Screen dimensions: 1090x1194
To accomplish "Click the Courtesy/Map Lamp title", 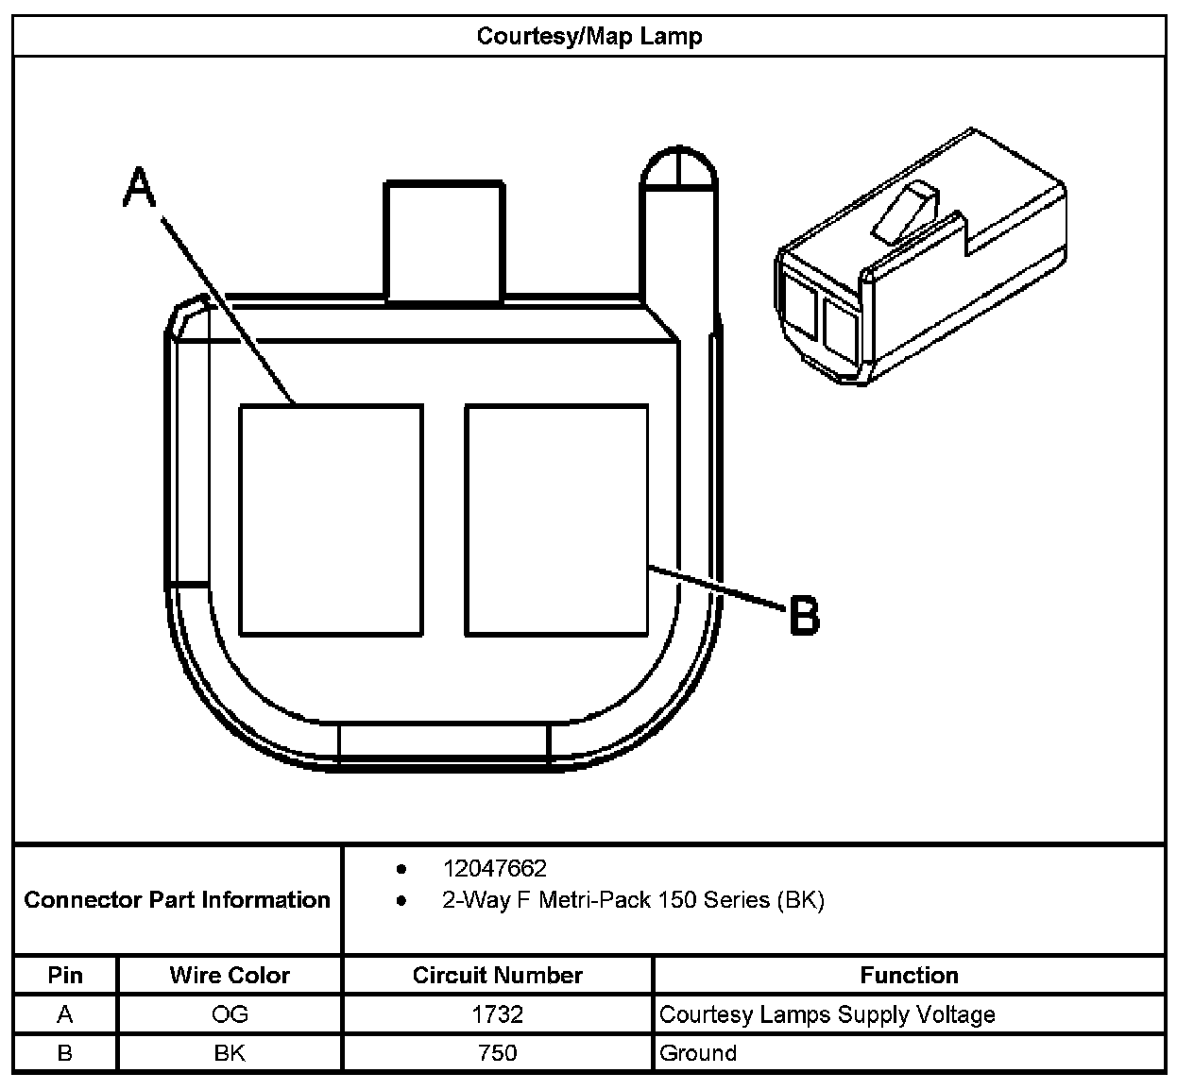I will coord(589,37).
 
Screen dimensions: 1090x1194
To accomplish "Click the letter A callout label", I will coord(140,187).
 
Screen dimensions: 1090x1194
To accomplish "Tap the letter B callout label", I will coord(804,616).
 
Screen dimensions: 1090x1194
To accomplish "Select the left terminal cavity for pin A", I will coord(331,520).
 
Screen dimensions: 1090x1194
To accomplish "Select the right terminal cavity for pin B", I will coord(556,520).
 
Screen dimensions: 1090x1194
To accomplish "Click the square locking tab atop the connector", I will coord(443,242).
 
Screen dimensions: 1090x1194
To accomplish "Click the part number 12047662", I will coord(494,868).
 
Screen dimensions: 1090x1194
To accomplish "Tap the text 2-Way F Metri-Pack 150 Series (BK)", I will coord(633,900).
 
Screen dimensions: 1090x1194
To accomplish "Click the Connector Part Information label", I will coord(178,899).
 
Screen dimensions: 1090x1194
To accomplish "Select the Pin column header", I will coord(65,975).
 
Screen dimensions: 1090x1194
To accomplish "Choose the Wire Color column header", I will coord(230,975).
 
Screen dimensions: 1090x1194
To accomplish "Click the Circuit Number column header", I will coord(497,975).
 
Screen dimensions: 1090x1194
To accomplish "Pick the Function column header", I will coord(909,975).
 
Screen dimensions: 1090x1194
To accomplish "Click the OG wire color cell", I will coord(230,1014).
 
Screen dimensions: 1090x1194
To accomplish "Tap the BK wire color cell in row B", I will coord(230,1053).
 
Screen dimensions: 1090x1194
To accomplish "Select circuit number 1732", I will coord(497,1014).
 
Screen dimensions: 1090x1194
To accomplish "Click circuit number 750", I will coord(497,1053).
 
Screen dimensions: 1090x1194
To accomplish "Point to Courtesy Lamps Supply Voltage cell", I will coord(827,1014).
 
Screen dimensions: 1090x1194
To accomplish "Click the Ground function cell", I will coord(698,1053).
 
